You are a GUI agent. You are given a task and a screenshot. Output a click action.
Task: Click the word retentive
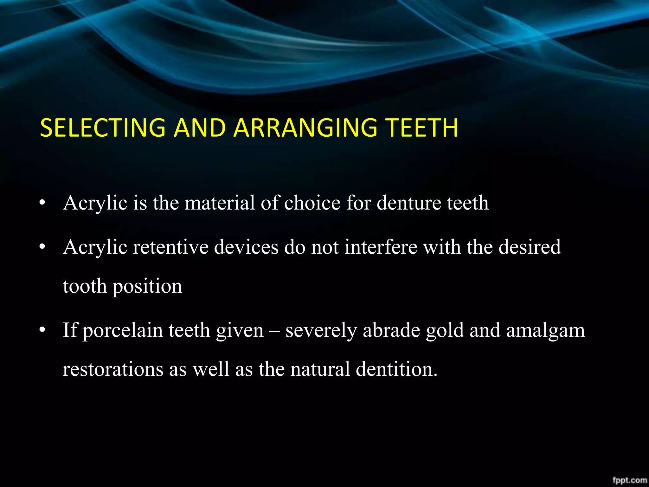point(171,247)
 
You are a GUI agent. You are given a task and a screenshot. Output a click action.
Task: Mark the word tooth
point(85,286)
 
